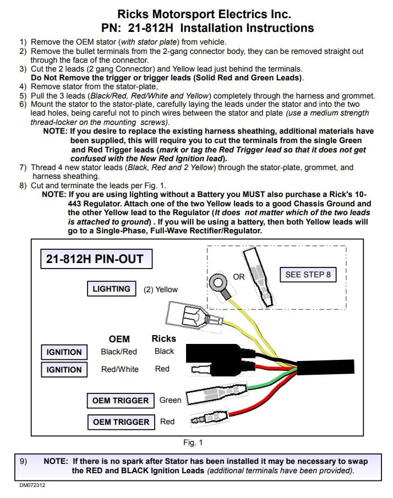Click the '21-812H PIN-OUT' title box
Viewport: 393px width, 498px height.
pos(96,259)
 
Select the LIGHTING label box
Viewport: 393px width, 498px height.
pos(111,289)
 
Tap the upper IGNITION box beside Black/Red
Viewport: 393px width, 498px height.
pos(64,352)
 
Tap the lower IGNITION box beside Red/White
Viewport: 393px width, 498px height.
pos(64,370)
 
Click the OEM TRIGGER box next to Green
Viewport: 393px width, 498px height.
pos(121,400)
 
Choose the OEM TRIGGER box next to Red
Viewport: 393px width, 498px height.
pos(121,422)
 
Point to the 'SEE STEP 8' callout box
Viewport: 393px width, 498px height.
pos(308,275)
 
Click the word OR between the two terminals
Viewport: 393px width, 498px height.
pos(239,277)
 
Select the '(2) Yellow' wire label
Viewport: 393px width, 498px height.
pos(161,289)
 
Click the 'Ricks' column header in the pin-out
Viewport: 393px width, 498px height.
pos(163,338)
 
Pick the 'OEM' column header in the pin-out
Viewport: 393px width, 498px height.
pos(119,339)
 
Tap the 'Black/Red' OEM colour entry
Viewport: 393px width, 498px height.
pos(119,352)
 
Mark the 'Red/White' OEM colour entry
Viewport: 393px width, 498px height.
pos(119,369)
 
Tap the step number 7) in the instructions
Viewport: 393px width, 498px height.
pos(23,167)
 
